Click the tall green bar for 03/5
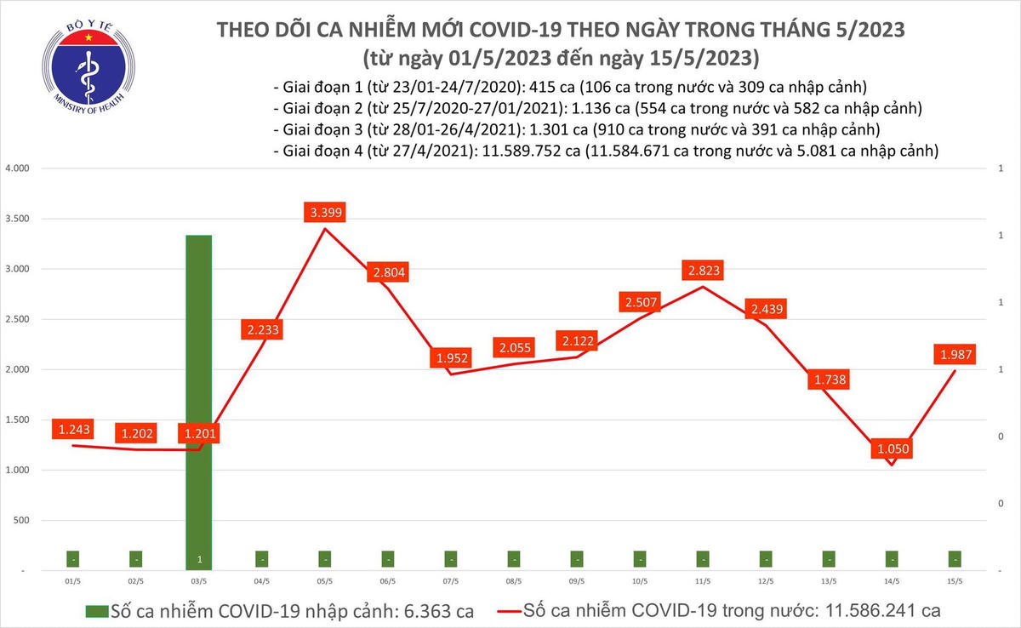(x=198, y=400)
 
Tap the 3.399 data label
(x=324, y=213)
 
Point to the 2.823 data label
(x=703, y=271)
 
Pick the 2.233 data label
(x=261, y=329)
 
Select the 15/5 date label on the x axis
(x=954, y=582)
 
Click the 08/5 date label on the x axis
(x=513, y=582)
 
